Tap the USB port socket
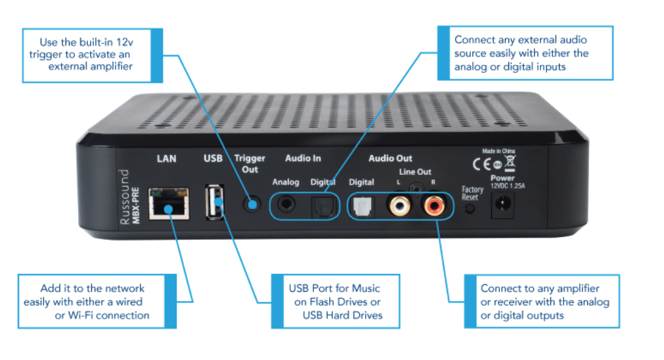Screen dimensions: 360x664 click(212, 204)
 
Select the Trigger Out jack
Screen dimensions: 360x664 click(250, 204)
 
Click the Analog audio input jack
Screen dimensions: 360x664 click(286, 205)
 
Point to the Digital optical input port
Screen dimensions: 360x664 click(322, 206)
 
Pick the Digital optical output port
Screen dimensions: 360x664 click(362, 207)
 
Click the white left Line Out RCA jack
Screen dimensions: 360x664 click(397, 207)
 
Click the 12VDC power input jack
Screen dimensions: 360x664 click(502, 208)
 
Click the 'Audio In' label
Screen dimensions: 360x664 click(303, 158)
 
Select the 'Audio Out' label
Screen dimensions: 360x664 click(390, 158)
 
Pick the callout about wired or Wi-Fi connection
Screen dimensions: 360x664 click(92, 301)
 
